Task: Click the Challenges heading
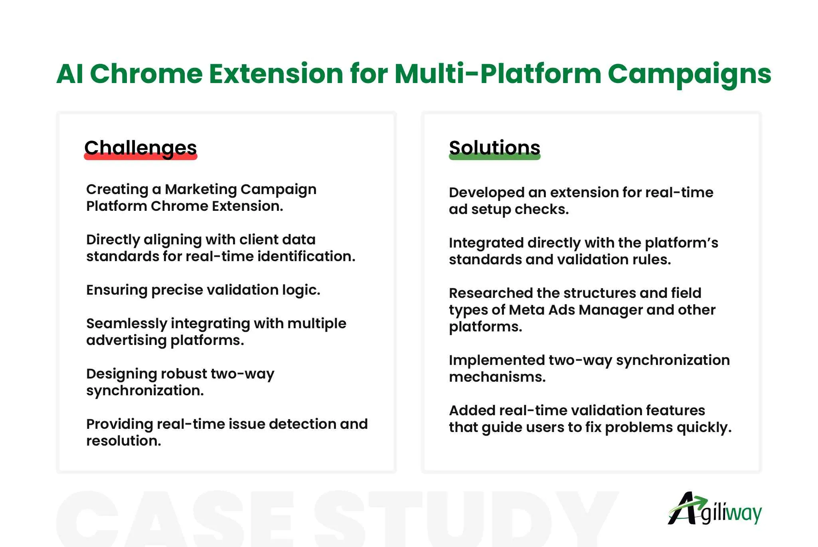(x=140, y=148)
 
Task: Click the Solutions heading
(x=495, y=147)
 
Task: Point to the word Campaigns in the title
(x=690, y=75)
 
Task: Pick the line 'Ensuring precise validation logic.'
(x=203, y=290)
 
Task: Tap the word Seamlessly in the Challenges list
(x=126, y=324)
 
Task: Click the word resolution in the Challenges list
(x=124, y=441)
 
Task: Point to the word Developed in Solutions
(x=486, y=193)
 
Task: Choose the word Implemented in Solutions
(x=497, y=361)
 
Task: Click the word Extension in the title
(x=276, y=74)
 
